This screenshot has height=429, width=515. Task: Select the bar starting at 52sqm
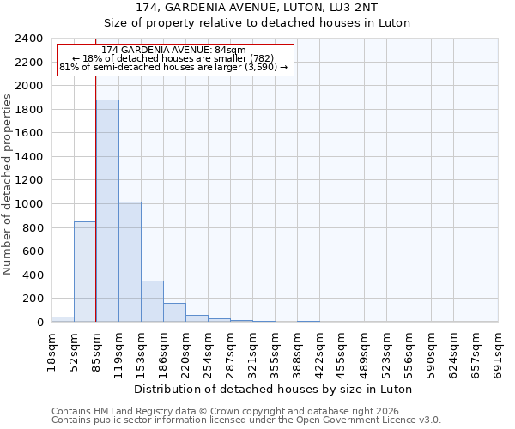click(85, 271)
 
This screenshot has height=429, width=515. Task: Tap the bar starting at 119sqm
click(130, 262)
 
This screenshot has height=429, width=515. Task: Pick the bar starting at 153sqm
click(152, 301)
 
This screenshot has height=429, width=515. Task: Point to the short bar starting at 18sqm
click(63, 319)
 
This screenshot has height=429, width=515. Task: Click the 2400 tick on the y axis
click(29, 39)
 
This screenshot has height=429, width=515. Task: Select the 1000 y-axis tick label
click(29, 204)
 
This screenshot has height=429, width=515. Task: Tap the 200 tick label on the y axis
click(33, 299)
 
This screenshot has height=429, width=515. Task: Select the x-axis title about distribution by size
click(275, 389)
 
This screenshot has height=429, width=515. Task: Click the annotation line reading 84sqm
click(173, 51)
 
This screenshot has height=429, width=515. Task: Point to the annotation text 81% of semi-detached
click(173, 68)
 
